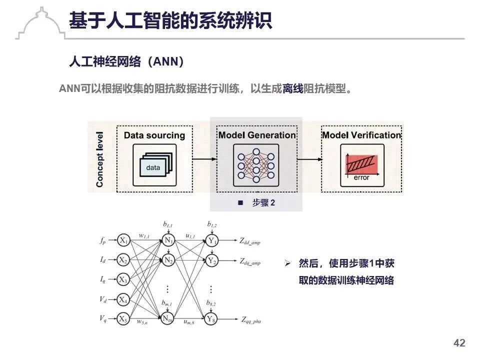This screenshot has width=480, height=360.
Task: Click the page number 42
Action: (459, 343)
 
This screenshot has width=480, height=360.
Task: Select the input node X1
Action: (123, 240)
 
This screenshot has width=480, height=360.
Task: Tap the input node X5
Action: (123, 318)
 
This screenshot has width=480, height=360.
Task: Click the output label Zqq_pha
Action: (251, 319)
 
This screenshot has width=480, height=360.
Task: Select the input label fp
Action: (102, 240)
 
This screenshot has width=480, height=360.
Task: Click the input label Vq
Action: (102, 318)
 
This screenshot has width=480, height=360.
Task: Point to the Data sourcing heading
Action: (154, 135)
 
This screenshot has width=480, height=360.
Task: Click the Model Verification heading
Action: (361, 135)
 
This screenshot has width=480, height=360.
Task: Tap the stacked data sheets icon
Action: (154, 164)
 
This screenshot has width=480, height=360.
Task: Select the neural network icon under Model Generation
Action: (256, 163)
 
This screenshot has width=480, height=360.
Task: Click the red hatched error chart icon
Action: (362, 164)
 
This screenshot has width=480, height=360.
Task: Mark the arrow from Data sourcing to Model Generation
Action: (204, 159)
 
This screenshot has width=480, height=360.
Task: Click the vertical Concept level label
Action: (100, 159)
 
